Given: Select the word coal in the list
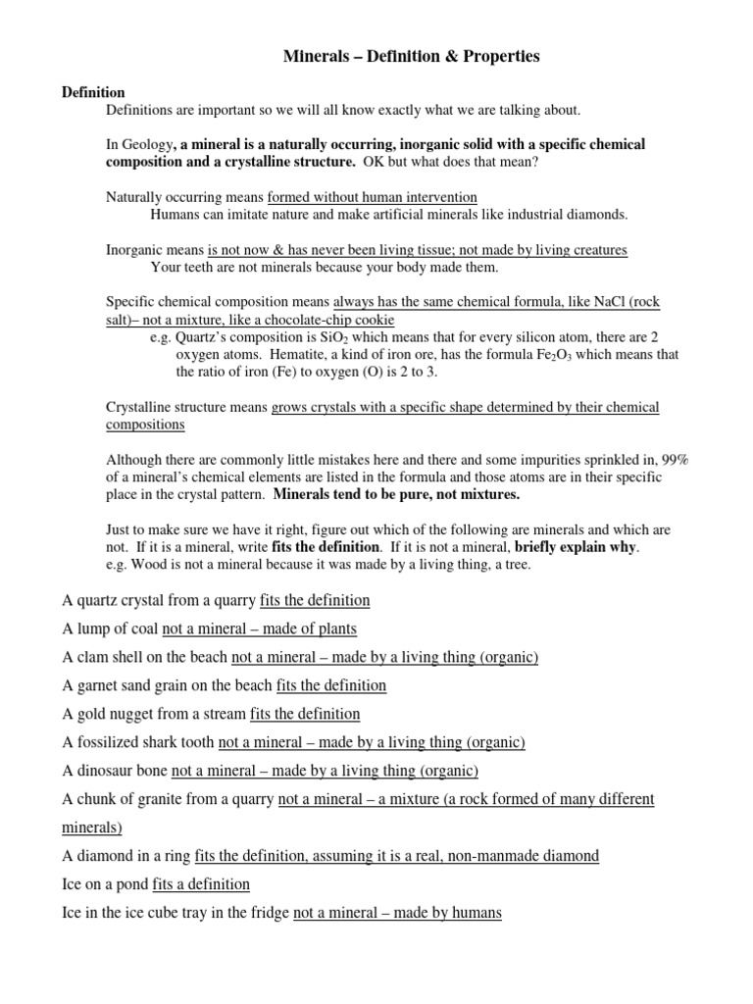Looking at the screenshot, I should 142,628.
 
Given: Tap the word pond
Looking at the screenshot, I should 132,884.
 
